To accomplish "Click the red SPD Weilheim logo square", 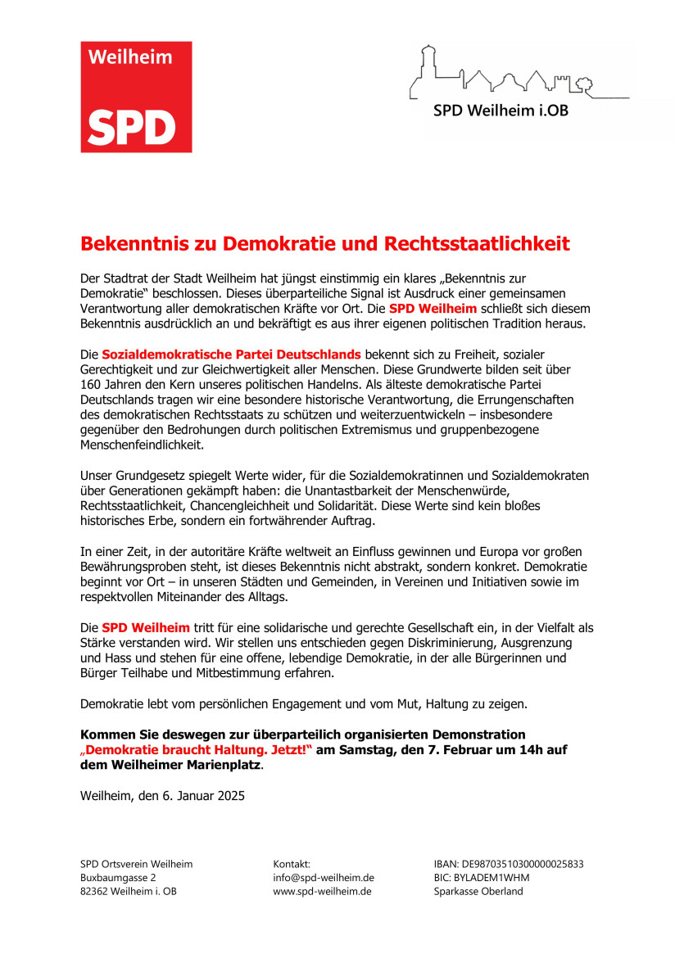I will pos(136,97).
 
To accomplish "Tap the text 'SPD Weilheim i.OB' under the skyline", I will pos(501,111).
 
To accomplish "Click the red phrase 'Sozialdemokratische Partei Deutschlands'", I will pos(231,355).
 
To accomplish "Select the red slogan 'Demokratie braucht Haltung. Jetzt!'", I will pos(197,750).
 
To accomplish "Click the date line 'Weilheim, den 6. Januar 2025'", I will pos(163,795).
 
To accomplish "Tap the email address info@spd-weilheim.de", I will pos(324,878).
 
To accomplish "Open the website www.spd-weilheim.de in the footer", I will pos(322,892).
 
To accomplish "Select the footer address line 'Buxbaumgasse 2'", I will pos(118,878).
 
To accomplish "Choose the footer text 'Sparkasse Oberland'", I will pos(478,892).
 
